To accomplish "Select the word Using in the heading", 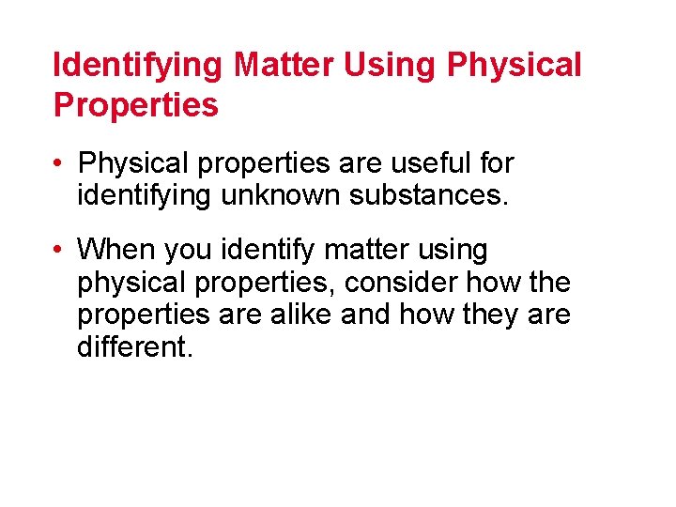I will tap(393, 66).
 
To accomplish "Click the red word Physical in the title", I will tap(515, 66).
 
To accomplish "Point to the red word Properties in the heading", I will tap(136, 106).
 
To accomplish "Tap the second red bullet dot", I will tap(59, 250).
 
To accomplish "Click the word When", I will tap(117, 250).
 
